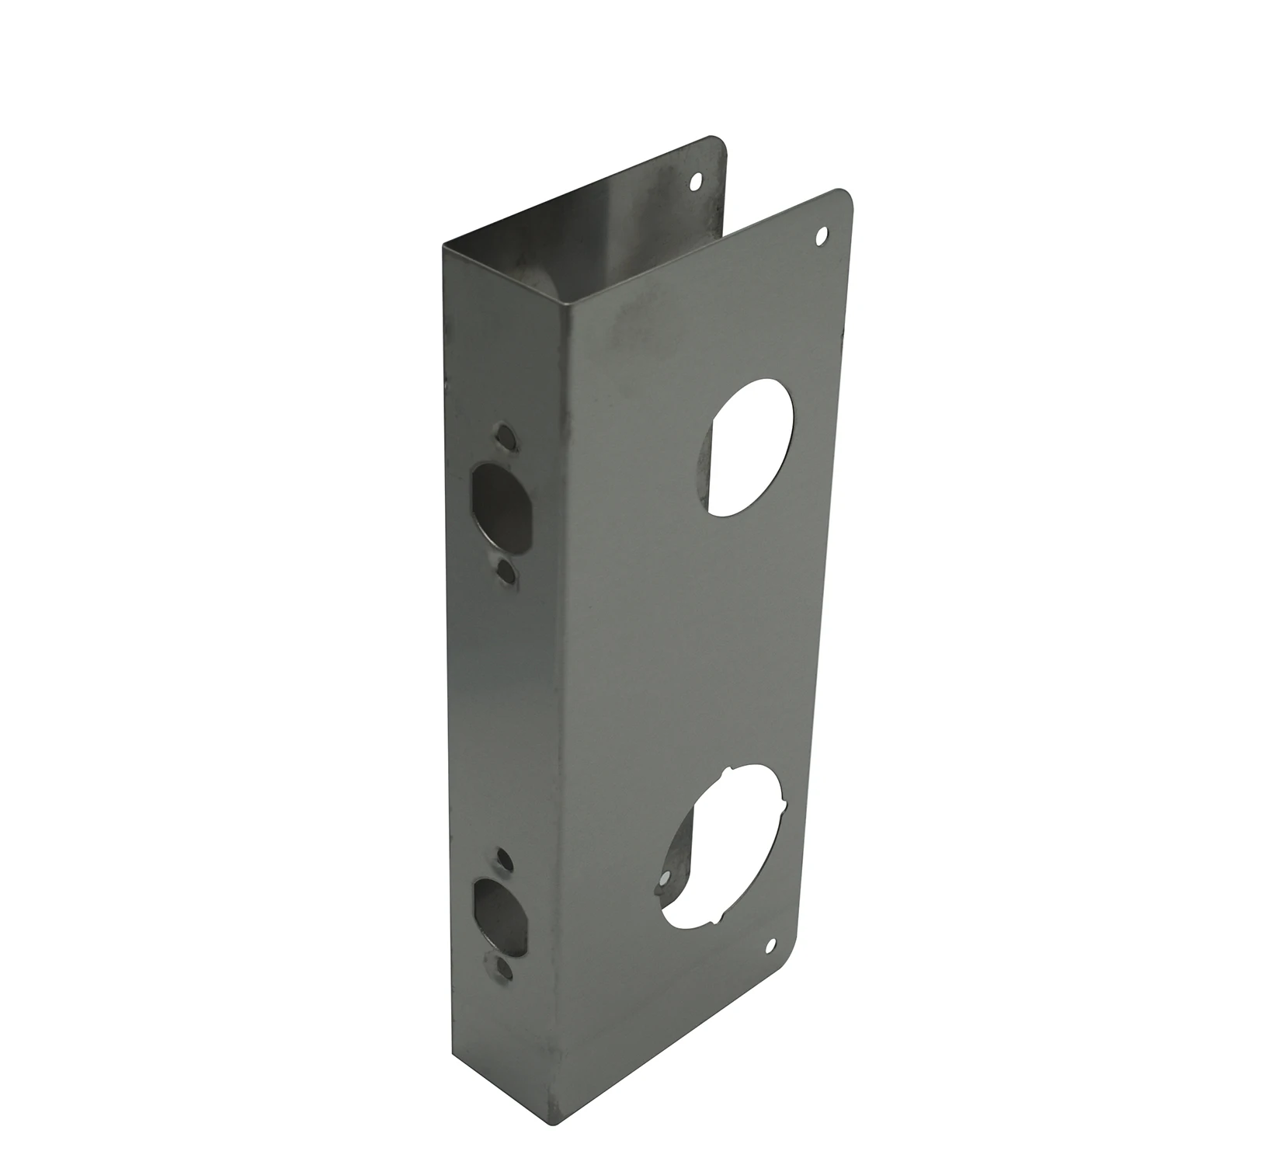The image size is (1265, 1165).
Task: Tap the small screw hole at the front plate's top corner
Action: [822, 234]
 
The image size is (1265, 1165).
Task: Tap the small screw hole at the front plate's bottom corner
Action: [772, 945]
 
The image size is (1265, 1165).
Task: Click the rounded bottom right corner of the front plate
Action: [793, 959]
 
